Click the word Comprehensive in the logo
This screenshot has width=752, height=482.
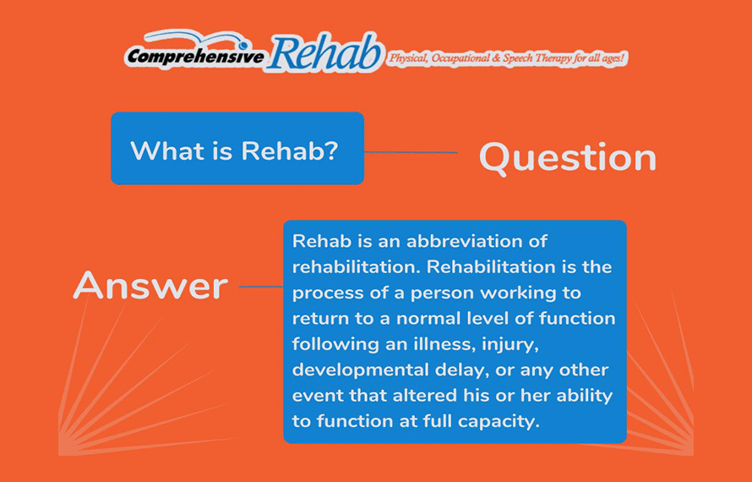pyautogui.click(x=194, y=57)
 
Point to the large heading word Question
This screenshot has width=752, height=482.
pyautogui.click(x=567, y=158)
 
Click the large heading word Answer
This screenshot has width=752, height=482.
pyautogui.click(x=150, y=286)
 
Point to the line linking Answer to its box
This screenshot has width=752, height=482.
pyautogui.click(x=261, y=287)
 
